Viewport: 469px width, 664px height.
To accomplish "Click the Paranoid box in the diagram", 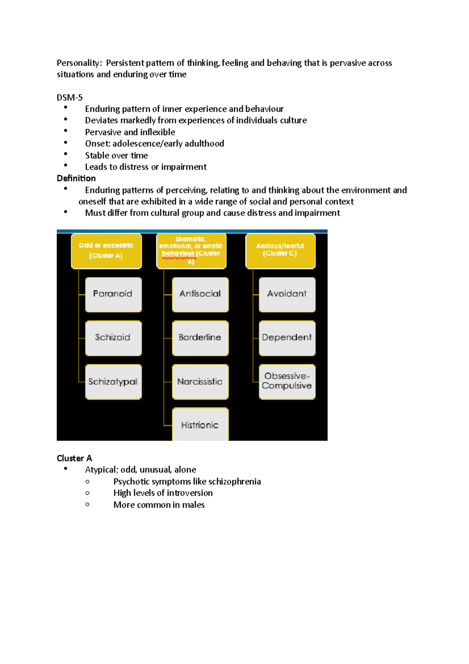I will pos(113,294).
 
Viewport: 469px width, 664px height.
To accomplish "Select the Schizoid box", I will pos(113,338).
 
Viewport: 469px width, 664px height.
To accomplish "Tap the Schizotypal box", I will pos(113,382).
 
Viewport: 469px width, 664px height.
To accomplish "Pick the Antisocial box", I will pos(200,294).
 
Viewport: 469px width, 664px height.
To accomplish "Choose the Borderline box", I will pos(200,338).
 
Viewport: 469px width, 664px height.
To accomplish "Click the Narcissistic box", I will pos(200,382).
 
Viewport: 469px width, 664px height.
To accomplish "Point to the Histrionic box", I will pos(200,425).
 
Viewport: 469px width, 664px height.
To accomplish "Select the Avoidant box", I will pos(287,294).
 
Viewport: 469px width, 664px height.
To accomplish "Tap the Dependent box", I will pos(287,338).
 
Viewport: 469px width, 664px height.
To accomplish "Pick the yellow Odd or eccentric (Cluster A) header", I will pos(106,251).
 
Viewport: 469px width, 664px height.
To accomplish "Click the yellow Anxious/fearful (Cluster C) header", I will pos(280,251).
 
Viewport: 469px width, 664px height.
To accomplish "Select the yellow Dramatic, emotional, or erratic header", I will pos(191,251).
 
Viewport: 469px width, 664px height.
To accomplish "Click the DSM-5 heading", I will pos(70,97).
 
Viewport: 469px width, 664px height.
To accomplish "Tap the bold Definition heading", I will pos(76,178).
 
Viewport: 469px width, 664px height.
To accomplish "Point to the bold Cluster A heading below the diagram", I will pos(74,458).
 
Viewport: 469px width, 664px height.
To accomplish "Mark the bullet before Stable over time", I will pos(66,154).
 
